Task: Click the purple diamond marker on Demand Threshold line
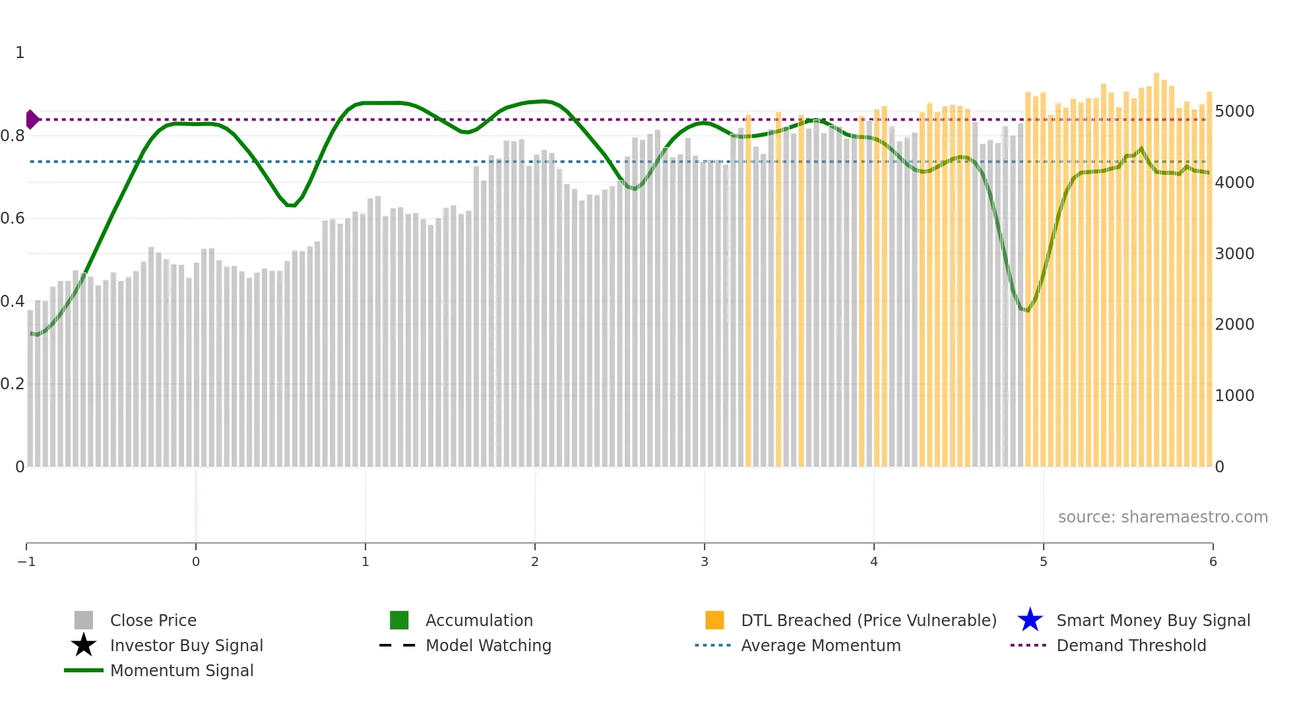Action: click(32, 119)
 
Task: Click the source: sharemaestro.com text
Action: click(1162, 517)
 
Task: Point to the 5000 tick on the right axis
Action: click(1234, 111)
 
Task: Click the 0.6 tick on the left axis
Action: click(13, 218)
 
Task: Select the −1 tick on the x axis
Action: click(26, 562)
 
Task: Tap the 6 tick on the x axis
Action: click(1213, 562)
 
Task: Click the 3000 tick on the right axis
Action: click(1234, 254)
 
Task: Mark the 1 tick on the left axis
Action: click(20, 53)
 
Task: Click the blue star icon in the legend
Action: click(1030, 620)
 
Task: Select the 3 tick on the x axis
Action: click(705, 562)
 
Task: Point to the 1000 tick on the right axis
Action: click(1234, 396)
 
